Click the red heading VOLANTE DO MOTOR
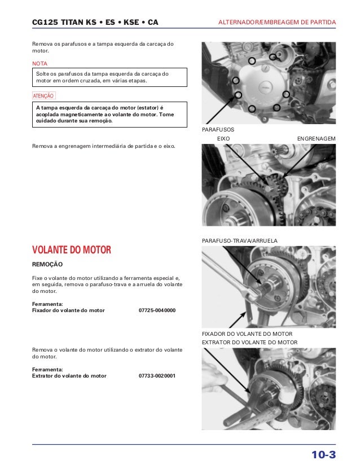pos(72,250)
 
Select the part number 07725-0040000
pos(157,310)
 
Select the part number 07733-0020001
pos(157,375)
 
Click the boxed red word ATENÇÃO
pos(43,97)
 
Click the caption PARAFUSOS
pos(218,130)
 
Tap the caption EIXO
pos(223,139)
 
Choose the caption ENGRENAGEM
pos(316,139)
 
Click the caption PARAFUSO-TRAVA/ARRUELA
pos(239,241)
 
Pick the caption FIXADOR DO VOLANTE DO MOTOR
pos(247,334)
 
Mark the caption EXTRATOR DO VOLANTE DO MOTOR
pos(249,343)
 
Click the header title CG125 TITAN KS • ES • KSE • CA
pos(95,23)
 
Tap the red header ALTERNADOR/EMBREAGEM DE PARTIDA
pos(276,23)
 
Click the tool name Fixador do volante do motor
pos(68,310)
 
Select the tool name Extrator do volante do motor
pos(69,375)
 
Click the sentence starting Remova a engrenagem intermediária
pos(104,146)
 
